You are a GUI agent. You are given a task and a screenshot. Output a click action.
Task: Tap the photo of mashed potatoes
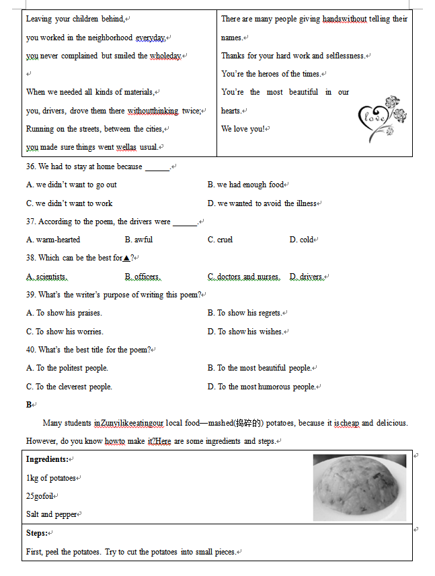pos(359,487)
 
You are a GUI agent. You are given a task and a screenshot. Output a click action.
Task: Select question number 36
pos(32,166)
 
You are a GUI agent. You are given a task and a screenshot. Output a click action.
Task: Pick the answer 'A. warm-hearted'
pos(53,240)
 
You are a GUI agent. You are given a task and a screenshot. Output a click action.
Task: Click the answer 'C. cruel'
pos(220,240)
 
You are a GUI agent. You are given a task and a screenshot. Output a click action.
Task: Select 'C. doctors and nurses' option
pos(243,277)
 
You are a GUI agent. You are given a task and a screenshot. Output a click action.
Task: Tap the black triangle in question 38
pos(126,258)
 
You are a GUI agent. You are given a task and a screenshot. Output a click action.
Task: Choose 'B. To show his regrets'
pos(245,313)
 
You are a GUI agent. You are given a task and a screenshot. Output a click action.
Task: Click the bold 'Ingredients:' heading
pos(47,459)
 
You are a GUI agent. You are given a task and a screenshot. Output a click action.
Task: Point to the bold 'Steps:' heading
pos(36,533)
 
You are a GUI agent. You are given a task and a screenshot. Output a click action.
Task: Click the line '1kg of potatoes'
pos(51,478)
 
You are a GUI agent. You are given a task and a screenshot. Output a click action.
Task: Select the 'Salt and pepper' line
pos(51,514)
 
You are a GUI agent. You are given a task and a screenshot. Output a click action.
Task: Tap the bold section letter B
pos(29,405)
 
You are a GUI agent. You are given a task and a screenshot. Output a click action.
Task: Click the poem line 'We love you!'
pos(243,129)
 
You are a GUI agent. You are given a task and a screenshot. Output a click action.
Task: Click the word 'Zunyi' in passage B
pos(111,424)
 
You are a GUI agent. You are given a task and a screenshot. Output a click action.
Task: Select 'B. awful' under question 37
pos(139,240)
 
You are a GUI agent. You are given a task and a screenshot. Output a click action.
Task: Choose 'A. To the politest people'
pos(67,368)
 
